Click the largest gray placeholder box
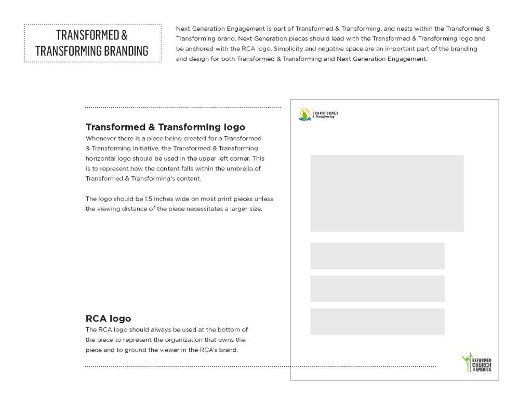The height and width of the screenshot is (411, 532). [387, 193]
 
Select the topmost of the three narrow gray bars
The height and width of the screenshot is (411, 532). [377, 256]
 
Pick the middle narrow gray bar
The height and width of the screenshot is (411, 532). [377, 288]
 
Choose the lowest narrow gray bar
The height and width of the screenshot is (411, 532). [377, 322]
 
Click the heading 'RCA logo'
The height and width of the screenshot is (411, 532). [108, 319]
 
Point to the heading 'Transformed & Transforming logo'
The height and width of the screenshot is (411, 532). [165, 127]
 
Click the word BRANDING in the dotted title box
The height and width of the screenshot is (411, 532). [118, 50]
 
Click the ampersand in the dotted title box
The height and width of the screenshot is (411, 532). [124, 35]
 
